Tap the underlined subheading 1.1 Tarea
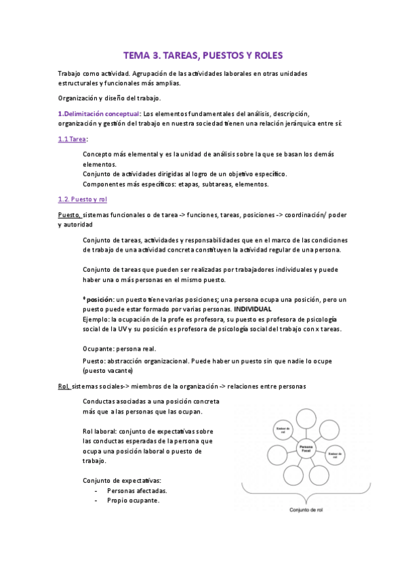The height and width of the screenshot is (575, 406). pos(73,139)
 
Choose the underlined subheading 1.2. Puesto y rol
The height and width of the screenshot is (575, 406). pos(82,199)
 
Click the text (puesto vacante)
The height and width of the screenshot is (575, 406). pos(107,371)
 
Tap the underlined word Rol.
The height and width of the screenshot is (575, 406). pos(65,386)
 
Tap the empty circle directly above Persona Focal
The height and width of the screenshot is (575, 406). pos(308,420)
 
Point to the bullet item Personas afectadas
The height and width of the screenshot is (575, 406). pos(137,490)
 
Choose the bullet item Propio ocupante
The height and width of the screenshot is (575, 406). pos(134,500)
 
